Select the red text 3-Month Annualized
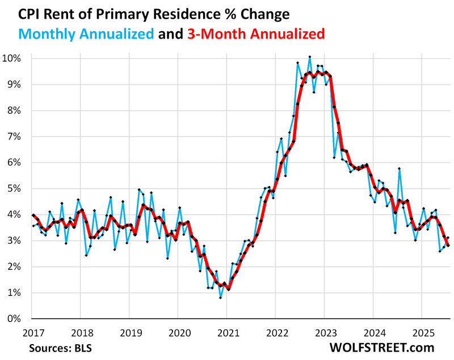[x=255, y=33]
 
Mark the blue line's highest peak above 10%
[x=309, y=57]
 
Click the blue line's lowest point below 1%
[x=221, y=298]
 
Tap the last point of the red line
[x=448, y=245]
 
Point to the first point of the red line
[x=33, y=215]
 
